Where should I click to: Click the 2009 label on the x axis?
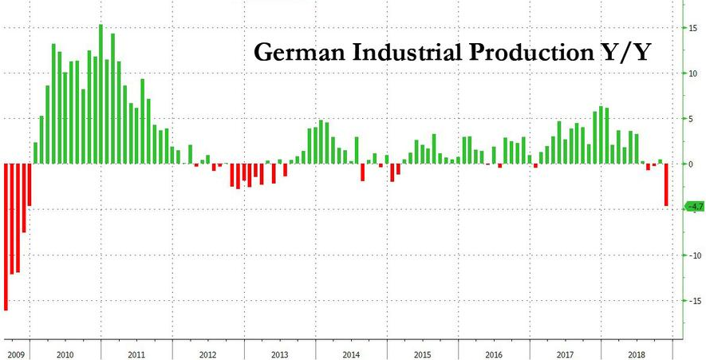16,353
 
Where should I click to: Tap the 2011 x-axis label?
136,353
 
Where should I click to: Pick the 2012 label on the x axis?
207,353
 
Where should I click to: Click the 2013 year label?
279,353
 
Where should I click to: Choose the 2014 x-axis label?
351,353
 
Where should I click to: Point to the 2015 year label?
423,353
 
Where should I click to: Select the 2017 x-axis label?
565,353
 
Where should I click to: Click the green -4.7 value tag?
694,207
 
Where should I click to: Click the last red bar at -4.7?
666,185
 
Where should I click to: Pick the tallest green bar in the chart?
101,94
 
